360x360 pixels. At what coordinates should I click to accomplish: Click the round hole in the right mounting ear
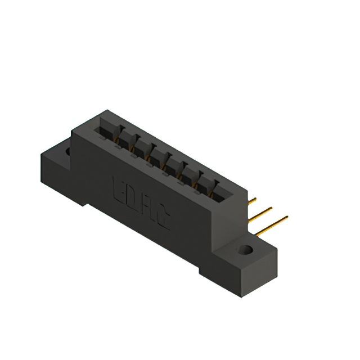pos(245,249)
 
